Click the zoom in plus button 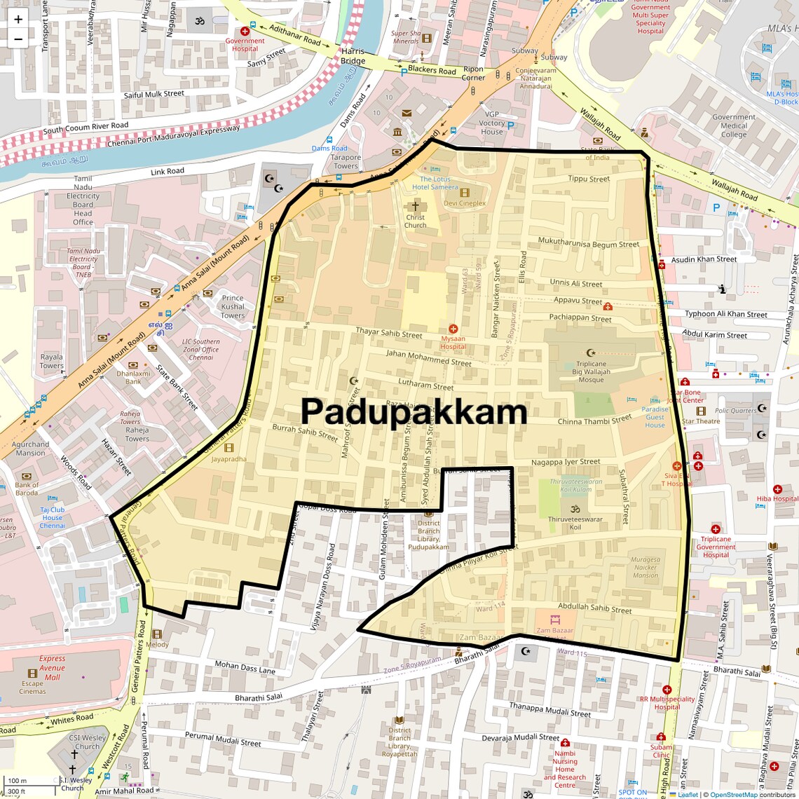tap(18, 19)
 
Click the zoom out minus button tap(18, 39)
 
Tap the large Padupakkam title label tap(414, 411)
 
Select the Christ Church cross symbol tap(415, 206)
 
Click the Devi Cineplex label tap(464, 203)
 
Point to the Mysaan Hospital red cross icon tap(453, 329)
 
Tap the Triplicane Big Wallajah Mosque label tap(591, 371)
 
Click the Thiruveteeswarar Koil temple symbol tap(575, 509)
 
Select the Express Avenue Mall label tap(52, 667)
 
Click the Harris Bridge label tap(353, 56)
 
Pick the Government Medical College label tap(734, 126)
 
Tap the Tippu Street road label tap(589, 179)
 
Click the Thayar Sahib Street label tap(389, 333)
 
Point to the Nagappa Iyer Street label tap(566, 462)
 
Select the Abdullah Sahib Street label tap(594, 608)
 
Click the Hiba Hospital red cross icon tap(777, 489)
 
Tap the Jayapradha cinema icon tap(228, 448)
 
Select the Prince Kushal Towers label tap(233, 306)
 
